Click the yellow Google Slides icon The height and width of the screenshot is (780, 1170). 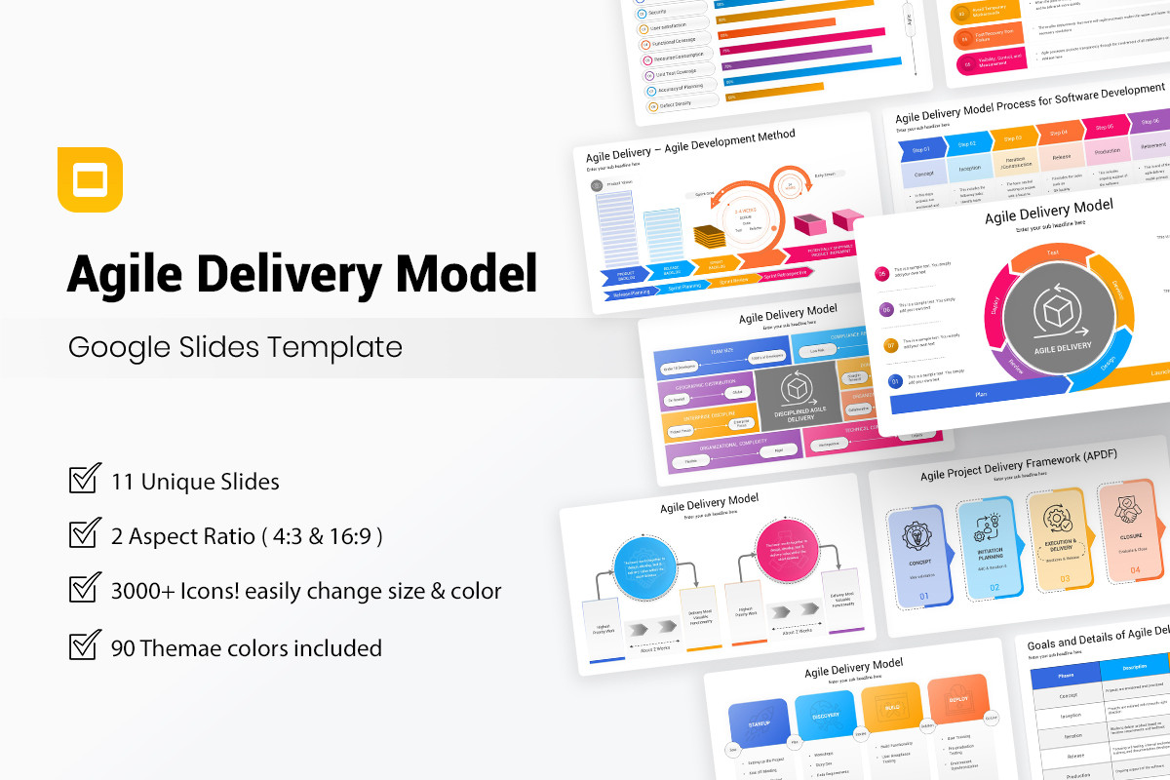90,179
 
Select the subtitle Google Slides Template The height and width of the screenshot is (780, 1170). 235,347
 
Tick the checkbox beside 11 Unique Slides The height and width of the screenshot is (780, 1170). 85,479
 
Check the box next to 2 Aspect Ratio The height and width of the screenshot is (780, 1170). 85,534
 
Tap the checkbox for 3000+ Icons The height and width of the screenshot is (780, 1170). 85,589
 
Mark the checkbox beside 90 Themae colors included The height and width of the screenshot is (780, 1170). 85,645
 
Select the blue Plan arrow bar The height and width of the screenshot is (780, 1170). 980,393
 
